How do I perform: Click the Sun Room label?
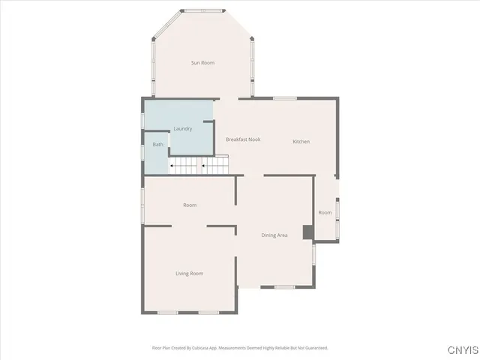202,63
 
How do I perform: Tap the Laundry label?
183,129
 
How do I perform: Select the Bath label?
158,145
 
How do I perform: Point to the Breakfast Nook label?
243,140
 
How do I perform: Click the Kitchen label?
301,142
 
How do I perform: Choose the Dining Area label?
274,235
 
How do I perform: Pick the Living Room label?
190,274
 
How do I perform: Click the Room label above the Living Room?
190,205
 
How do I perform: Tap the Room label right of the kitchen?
325,213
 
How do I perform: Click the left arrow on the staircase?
173,165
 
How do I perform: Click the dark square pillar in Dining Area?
307,232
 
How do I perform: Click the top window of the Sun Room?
203,10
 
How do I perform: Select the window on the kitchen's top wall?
285,98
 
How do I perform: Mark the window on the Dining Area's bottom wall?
283,286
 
